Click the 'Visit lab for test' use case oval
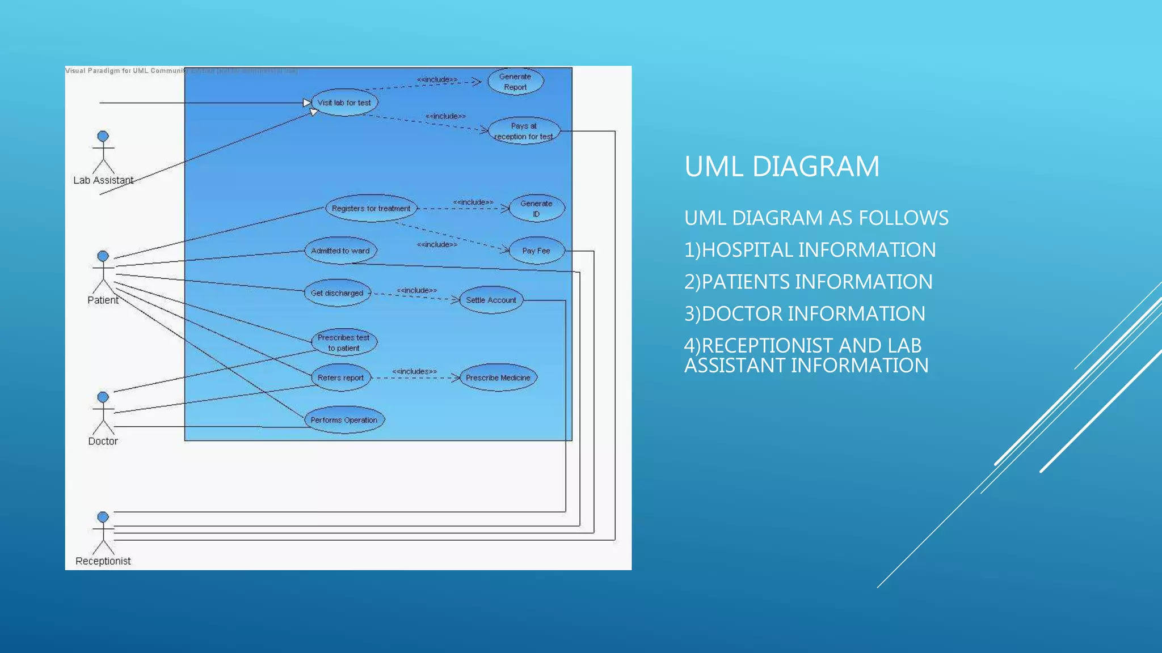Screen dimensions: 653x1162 click(x=344, y=103)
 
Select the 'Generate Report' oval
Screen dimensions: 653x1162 click(x=515, y=82)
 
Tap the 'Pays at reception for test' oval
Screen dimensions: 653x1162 click(x=524, y=131)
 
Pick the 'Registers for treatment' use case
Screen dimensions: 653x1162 click(x=371, y=209)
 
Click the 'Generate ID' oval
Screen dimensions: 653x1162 click(x=536, y=209)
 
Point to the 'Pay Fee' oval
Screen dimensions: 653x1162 click(x=536, y=251)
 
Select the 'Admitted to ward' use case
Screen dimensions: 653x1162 click(x=340, y=251)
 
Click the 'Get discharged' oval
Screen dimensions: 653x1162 click(x=337, y=293)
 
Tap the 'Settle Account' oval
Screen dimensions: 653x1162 click(x=491, y=300)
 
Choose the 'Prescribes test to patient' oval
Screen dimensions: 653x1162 click(x=344, y=342)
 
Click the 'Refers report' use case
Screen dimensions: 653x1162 click(x=340, y=378)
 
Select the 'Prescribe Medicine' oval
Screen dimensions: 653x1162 click(x=498, y=378)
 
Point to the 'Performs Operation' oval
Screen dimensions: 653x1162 click(x=344, y=420)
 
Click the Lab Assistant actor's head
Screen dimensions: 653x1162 click(x=103, y=137)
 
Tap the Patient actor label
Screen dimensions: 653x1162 click(x=103, y=300)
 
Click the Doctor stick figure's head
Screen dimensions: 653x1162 click(x=103, y=397)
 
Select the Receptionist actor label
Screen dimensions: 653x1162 click(x=103, y=561)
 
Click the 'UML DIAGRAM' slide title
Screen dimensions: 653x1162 click(x=781, y=167)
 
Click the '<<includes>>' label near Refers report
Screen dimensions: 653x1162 click(x=414, y=371)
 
